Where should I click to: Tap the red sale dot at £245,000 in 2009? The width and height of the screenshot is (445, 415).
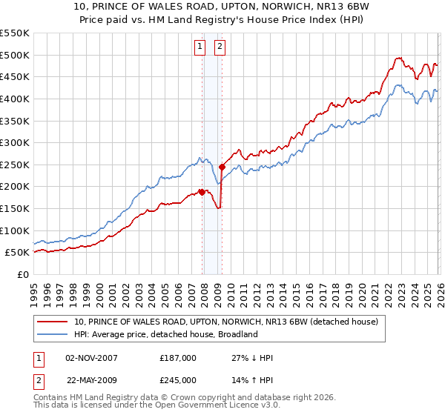[x=222, y=167]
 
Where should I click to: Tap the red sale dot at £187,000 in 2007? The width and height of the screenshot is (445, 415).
[x=202, y=192]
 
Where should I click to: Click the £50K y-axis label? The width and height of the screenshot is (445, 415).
[x=18, y=252]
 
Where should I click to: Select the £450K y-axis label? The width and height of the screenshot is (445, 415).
[x=15, y=76]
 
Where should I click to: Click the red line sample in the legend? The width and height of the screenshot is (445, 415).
[x=53, y=322]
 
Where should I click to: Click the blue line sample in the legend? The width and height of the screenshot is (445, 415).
[x=53, y=334]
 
